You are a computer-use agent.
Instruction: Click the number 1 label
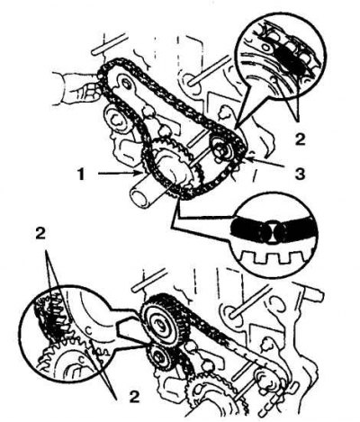[81, 174]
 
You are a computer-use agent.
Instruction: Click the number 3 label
[300, 174]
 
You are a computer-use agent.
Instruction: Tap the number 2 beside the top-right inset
[300, 139]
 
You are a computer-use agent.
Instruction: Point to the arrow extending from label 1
[120, 173]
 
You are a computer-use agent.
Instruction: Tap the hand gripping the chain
[76, 89]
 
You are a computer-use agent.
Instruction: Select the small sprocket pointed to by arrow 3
[222, 149]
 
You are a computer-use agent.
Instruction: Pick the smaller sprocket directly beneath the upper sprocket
[159, 357]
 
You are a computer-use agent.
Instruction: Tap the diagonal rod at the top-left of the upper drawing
[109, 44]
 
